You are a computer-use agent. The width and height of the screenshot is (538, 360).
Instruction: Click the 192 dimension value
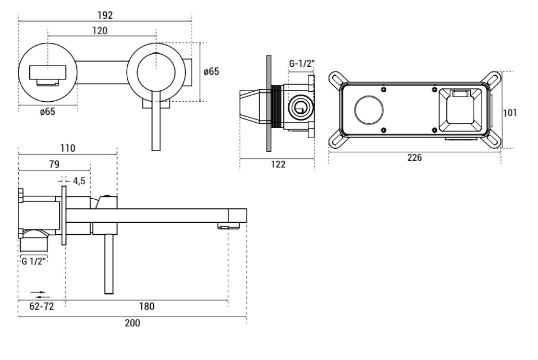coord(105,15)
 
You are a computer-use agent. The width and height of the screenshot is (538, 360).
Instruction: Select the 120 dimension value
coord(99,30)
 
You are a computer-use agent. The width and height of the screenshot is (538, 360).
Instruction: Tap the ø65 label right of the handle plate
coord(211,72)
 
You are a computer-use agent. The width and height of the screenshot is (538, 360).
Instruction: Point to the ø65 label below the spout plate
coord(47,112)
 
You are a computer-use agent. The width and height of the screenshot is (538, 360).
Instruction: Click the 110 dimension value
coord(67,148)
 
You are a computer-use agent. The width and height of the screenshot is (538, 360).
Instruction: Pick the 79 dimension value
coord(54,164)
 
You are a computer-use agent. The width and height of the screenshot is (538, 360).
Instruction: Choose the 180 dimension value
coord(147,307)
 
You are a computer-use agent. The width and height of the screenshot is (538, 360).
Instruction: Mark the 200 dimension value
coord(132,323)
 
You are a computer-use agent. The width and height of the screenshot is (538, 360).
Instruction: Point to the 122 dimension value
coord(278,164)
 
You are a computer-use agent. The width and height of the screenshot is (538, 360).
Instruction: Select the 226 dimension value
coord(415,157)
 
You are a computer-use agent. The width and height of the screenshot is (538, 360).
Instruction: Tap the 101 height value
coord(509,113)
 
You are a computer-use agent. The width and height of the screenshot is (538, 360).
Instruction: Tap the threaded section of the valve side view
coord(277,107)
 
